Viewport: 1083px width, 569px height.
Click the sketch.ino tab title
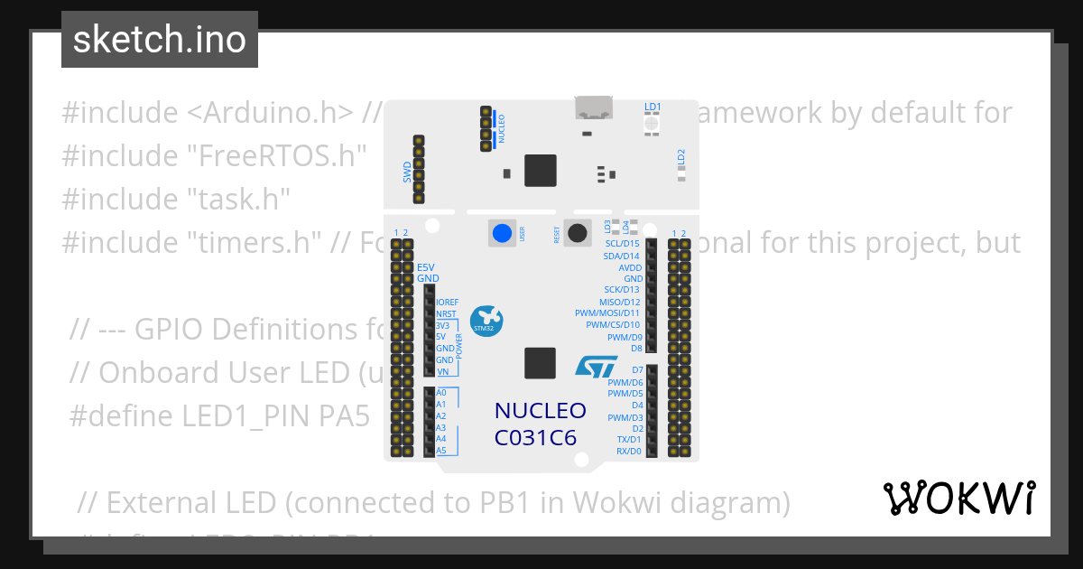pyautogui.click(x=159, y=41)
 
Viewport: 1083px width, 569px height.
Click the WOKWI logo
pyautogui.click(x=958, y=498)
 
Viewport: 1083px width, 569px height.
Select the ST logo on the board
pyautogui.click(x=596, y=366)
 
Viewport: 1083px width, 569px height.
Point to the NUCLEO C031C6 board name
pyautogui.click(x=540, y=424)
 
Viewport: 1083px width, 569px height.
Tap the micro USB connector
pyautogui.click(x=595, y=109)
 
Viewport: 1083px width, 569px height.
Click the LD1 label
pyautogui.click(x=653, y=107)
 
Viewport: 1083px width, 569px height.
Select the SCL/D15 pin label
pyautogui.click(x=621, y=244)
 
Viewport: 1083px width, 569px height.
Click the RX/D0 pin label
pyautogui.click(x=628, y=451)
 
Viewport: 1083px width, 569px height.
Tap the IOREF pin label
pyautogui.click(x=448, y=303)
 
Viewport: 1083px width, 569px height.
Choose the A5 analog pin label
pyautogui.click(x=441, y=451)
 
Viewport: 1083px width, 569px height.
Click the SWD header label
pyautogui.click(x=407, y=172)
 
